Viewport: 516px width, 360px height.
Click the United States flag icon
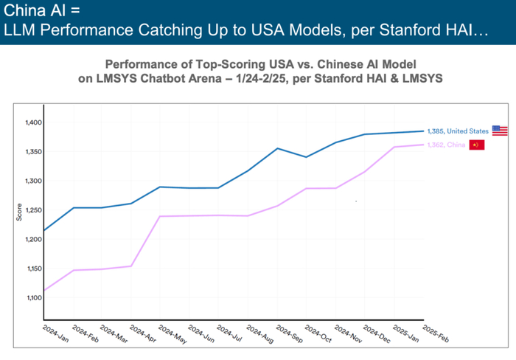pyautogui.click(x=500, y=131)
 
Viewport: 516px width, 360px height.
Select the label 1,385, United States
pyautogui.click(x=458, y=131)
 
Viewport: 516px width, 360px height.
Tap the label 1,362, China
pyautogui.click(x=447, y=145)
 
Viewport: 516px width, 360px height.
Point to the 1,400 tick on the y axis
pyautogui.click(x=34, y=122)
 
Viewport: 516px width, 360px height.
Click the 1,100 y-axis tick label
pyautogui.click(x=34, y=297)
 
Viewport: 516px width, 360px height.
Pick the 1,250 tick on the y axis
pyautogui.click(x=34, y=210)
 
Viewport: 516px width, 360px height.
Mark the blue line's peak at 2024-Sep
pyautogui.click(x=277, y=148)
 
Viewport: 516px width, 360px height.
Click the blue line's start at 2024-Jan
pyautogui.click(x=44, y=230)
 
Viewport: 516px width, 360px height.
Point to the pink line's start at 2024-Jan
pyautogui.click(x=44, y=291)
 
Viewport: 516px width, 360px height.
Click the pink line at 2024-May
pyautogui.click(x=160, y=216)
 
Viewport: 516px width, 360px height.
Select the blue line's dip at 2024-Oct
pyautogui.click(x=307, y=157)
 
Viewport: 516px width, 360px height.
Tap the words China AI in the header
pyautogui.click(x=32, y=13)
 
